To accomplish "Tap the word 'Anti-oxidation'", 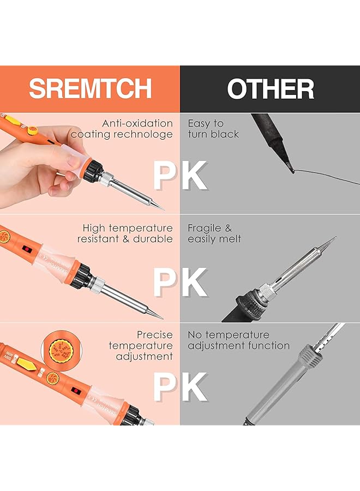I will click(137, 124).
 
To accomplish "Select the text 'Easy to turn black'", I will click(213, 129).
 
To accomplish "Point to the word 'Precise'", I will click(154, 334).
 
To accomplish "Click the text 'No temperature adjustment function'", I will click(238, 340).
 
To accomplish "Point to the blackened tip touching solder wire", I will click(289, 169).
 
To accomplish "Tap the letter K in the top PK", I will click(192, 176).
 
